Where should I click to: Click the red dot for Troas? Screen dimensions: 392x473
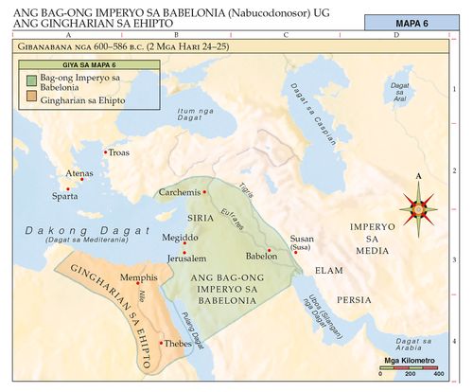[x=104, y=150]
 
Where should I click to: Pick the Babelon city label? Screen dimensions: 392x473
[x=260, y=257]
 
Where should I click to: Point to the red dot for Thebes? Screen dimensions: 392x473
[x=162, y=343]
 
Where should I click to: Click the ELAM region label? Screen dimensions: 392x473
[x=328, y=270]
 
